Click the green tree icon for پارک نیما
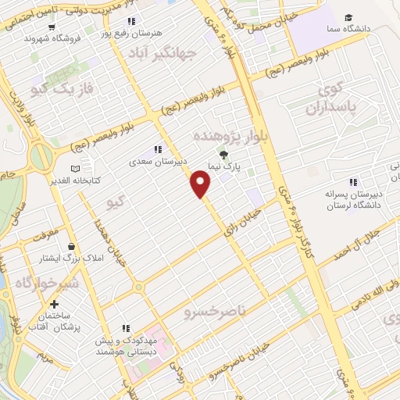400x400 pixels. tap(224, 155)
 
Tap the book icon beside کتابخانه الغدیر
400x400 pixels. tap(75, 168)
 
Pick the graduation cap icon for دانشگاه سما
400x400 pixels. tap(347, 18)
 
